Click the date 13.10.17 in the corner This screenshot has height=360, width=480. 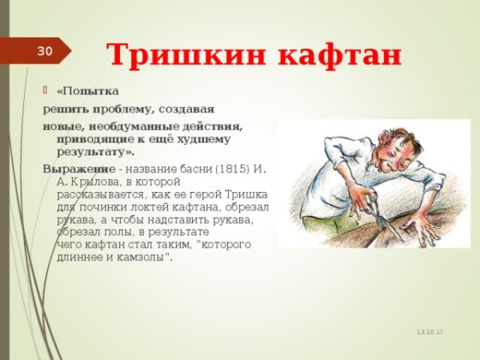(x=429, y=331)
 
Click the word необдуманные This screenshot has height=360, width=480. (x=124, y=126)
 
